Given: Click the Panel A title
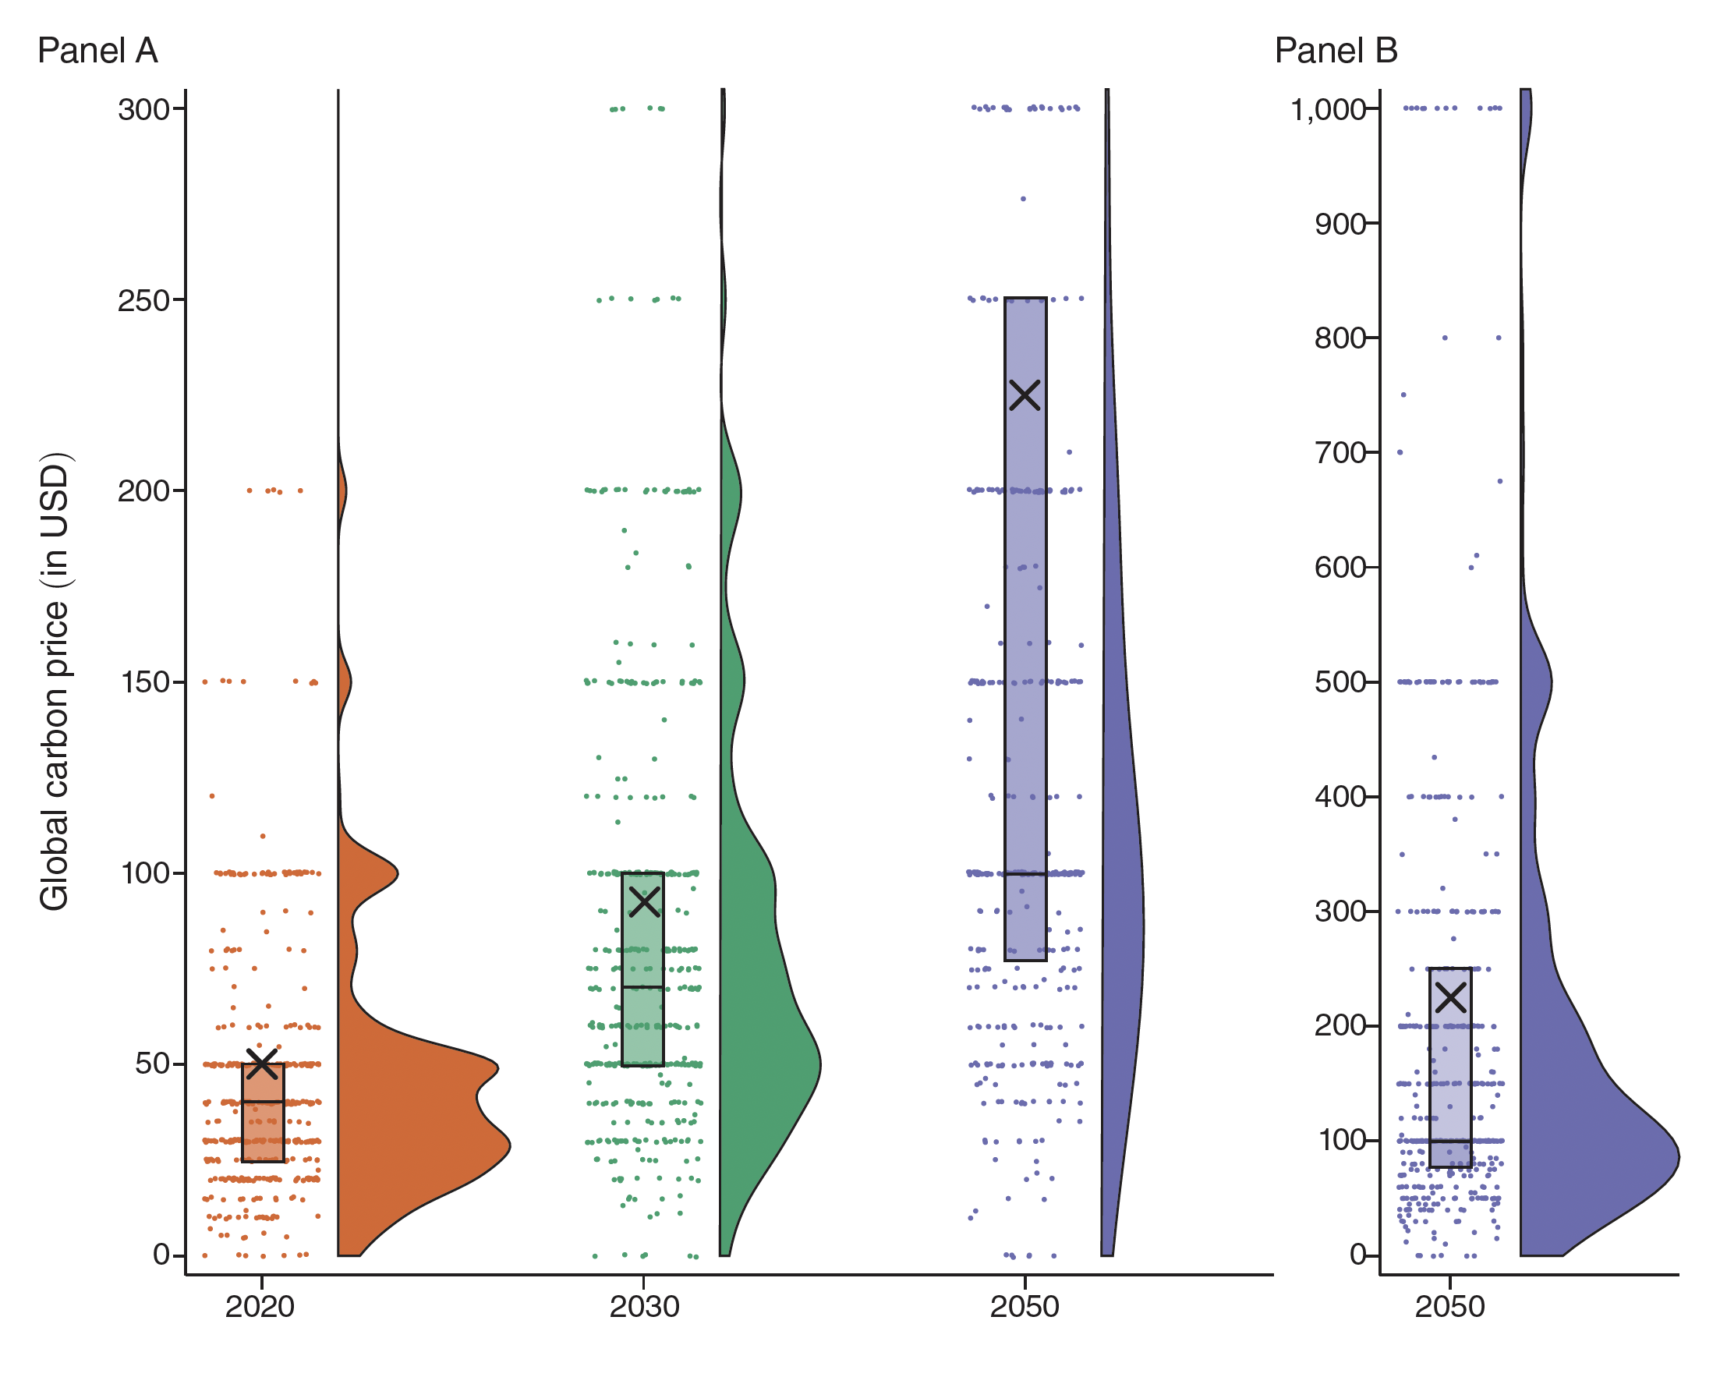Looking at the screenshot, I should coord(97,51).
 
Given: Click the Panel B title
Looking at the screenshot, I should coord(1336,51).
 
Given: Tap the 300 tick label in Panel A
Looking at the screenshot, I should coord(143,109).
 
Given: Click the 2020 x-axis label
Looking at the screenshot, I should coord(260,1307).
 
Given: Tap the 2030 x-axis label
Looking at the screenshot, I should coord(644,1307).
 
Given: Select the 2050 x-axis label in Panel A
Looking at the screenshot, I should coord(1025,1307).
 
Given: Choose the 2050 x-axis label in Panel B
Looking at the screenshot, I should coord(1449,1307).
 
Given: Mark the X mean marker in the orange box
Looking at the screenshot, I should coord(262,1062).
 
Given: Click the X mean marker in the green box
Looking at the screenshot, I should coord(644,901).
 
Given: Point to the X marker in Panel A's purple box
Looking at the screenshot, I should coord(1025,395).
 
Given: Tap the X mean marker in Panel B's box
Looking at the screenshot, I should coord(1451,996).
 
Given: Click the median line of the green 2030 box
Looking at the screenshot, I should coord(643,987).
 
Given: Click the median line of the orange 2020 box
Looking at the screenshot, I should coord(263,1102).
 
